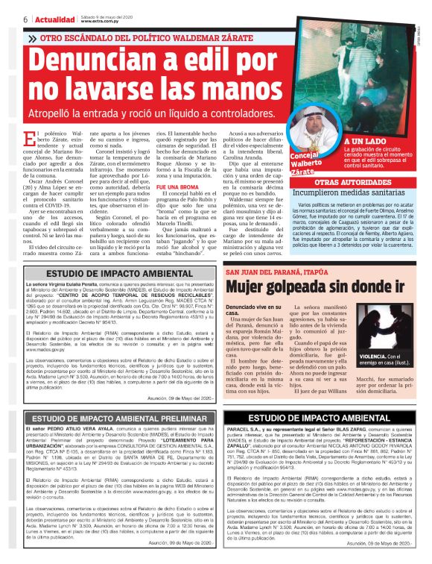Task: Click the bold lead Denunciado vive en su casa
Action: (x=253, y=289)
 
